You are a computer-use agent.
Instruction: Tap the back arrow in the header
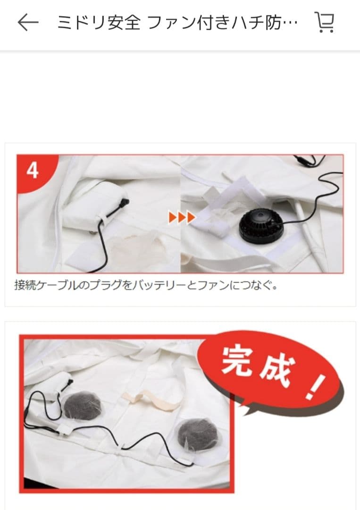pyautogui.click(x=27, y=22)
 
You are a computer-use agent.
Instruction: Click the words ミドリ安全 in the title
pyautogui.click(x=99, y=23)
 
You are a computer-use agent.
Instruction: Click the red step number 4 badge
pyautogui.click(x=33, y=170)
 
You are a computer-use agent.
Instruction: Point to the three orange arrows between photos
pyautogui.click(x=182, y=218)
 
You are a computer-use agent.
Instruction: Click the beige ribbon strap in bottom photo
pyautogui.click(x=151, y=399)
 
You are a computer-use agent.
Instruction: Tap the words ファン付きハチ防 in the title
pyautogui.click(x=222, y=23)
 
